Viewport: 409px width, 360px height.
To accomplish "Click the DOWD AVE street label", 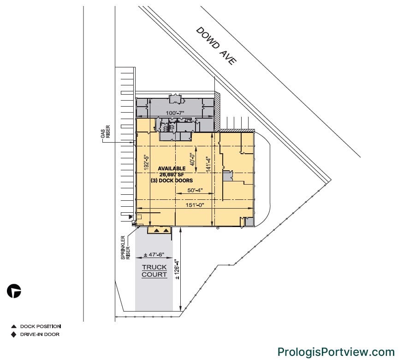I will tap(216, 45).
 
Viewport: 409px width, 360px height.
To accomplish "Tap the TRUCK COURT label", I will tap(154, 271).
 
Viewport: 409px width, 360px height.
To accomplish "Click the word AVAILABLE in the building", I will tap(172, 168).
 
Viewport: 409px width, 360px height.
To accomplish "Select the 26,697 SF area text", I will tap(171, 174).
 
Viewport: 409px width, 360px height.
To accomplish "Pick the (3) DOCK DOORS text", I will tap(171, 180).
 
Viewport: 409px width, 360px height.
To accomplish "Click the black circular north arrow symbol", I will tap(14, 291).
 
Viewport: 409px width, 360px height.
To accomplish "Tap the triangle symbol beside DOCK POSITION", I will tap(14, 326).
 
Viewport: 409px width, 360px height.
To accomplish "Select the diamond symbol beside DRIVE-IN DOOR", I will tap(14, 334).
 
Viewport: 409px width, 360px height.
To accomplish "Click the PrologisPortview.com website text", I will tap(336, 352).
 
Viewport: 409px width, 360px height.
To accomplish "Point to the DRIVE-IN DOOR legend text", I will tap(40, 334).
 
